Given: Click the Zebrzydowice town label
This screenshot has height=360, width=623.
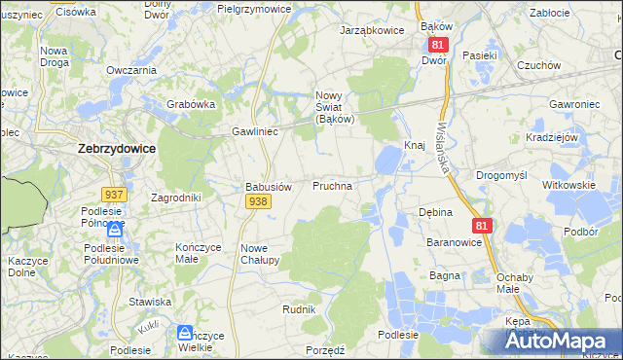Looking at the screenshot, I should coord(114,150).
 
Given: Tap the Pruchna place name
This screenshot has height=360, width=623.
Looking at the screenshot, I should coord(332,184).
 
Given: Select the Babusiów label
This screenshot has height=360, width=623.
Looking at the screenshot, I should coord(268,187).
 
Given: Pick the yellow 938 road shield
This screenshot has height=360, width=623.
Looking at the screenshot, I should coord(258,201).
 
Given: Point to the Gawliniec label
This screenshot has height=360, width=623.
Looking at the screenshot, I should coord(255,130).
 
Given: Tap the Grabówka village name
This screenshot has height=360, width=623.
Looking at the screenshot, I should coord(190,104).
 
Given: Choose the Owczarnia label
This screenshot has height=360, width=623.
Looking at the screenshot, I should coord(131,70).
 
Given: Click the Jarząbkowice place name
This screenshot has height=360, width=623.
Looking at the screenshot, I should coord(371,30).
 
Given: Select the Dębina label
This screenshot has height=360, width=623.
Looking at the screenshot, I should coord(435,212).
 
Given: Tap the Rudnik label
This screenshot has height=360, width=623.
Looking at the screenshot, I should coord(299,308).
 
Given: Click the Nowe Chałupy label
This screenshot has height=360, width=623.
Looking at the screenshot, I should coord(260,254).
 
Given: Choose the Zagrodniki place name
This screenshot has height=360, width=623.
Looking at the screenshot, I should coord(175,197).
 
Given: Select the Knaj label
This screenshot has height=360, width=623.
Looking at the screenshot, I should coord(415,145).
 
